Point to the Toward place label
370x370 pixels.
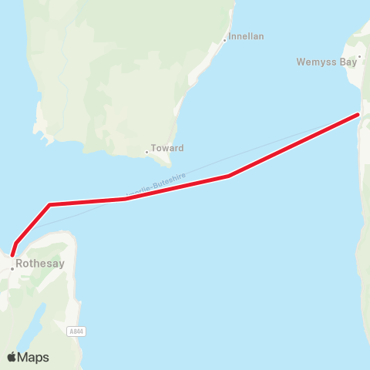point(168,148)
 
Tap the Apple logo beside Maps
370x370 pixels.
point(12,357)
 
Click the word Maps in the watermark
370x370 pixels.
point(34,358)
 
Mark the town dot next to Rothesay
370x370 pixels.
point(12,268)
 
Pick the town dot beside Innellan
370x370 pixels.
point(224,40)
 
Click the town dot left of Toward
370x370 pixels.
point(146,152)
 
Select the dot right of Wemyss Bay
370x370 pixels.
point(359,62)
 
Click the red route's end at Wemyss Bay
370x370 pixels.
point(358,115)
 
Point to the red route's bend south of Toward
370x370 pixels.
point(125,199)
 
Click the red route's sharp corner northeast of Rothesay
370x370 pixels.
point(49,204)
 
